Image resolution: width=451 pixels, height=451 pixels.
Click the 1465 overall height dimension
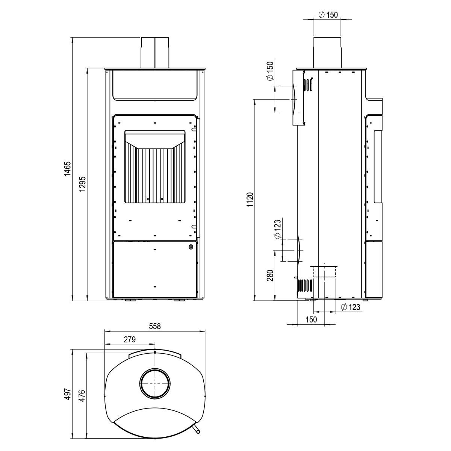[67, 169]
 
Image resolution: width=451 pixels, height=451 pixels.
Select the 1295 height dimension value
[82, 184]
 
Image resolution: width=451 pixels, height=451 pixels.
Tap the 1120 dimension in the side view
[250, 200]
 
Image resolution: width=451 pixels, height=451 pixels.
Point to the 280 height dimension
[270, 275]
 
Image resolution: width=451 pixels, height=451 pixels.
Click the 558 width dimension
[155, 327]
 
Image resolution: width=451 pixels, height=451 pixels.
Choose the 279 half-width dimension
[130, 339]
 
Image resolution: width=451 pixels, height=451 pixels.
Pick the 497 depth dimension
[67, 394]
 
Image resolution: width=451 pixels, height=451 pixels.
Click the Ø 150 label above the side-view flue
[328, 15]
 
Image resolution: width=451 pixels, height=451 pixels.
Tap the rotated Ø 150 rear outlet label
[270, 71]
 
